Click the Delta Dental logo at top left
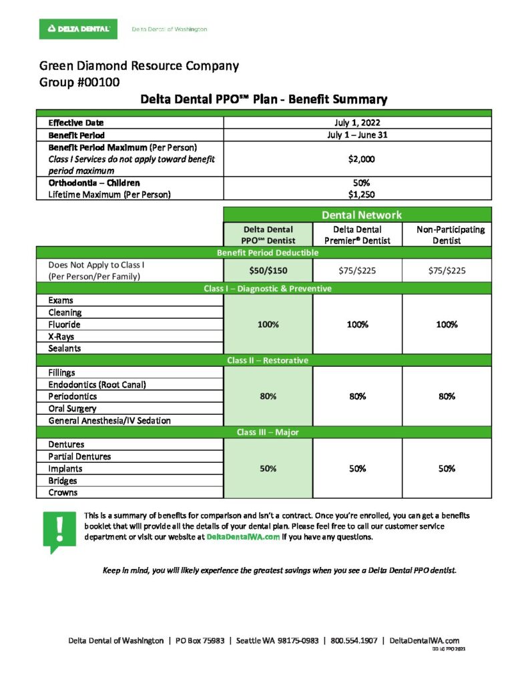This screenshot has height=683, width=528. [78, 29]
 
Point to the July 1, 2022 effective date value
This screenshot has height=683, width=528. [357, 123]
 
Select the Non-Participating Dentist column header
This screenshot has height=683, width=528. [447, 235]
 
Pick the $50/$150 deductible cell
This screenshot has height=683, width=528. [268, 270]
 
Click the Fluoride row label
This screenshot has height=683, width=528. [64, 324]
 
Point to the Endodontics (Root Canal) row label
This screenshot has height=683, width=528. [97, 384]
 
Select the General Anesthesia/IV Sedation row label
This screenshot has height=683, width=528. [109, 420]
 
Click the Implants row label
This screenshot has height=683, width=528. [65, 468]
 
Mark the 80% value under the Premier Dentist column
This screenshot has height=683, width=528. [357, 396]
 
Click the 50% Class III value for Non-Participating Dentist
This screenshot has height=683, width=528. [447, 468]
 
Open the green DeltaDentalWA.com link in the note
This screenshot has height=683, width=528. [243, 537]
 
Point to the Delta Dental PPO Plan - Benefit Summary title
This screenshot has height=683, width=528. [264, 100]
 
